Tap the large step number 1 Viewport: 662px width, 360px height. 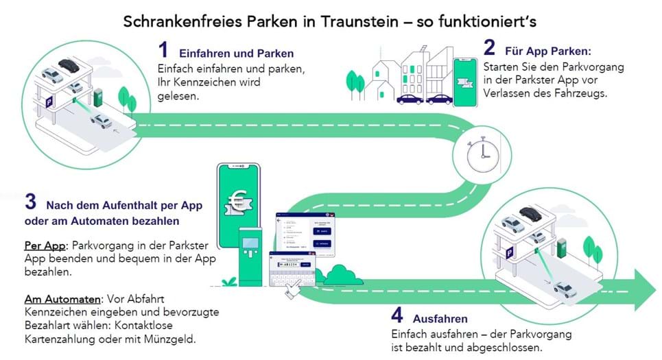point(163,50)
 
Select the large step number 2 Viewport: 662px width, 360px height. point(489,48)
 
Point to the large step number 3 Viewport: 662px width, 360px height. point(30,202)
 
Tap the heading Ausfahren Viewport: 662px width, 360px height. point(440,319)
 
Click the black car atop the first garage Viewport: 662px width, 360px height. point(69,65)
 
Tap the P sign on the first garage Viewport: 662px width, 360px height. point(48,101)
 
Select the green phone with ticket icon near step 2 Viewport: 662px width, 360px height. point(464,82)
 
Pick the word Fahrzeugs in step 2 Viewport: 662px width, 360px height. point(584,94)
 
